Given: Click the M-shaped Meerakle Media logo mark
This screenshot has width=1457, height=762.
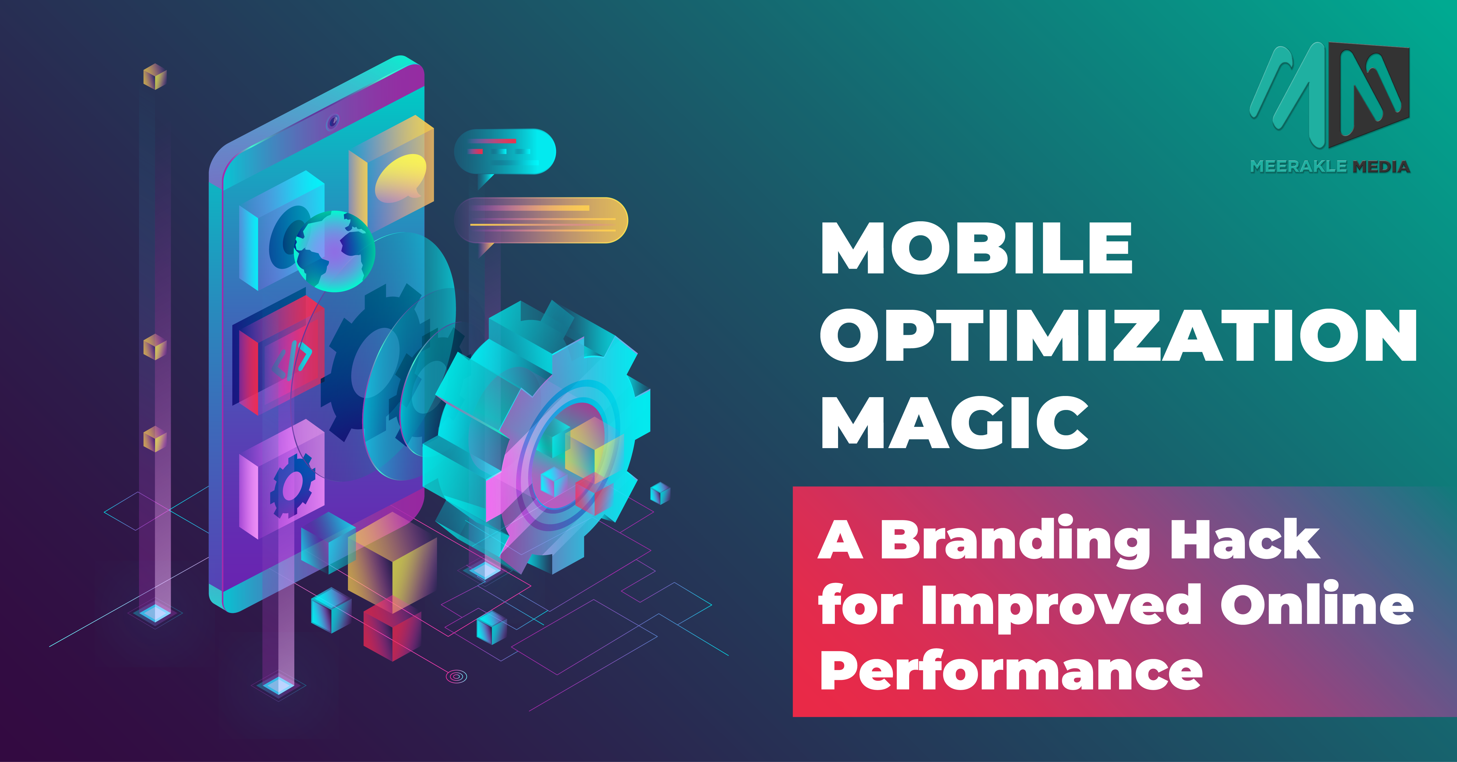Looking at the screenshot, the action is point(1329,93).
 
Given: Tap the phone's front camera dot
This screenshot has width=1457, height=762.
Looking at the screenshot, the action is point(333,121).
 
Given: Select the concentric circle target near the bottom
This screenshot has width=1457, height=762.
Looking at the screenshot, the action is point(456,676).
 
